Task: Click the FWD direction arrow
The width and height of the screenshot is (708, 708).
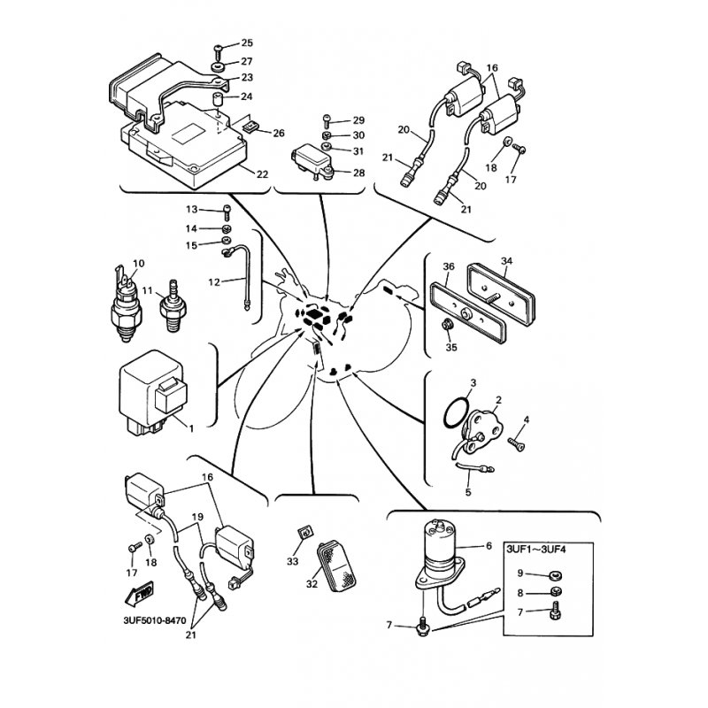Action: (139, 594)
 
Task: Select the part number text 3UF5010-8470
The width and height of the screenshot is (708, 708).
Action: (154, 620)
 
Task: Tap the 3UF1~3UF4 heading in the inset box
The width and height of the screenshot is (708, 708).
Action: (536, 549)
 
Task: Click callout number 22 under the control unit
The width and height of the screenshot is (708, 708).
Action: (262, 174)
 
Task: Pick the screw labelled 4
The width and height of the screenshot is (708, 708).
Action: (517, 444)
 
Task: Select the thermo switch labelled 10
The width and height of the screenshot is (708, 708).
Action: (126, 304)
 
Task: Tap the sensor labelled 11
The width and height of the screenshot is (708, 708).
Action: (172, 306)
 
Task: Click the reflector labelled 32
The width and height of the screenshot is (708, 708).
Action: (340, 566)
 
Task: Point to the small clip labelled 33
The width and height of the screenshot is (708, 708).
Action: (305, 533)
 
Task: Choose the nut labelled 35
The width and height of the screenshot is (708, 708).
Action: (448, 324)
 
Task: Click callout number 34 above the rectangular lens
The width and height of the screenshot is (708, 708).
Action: (506, 261)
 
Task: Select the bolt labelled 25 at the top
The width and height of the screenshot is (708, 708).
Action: (218, 51)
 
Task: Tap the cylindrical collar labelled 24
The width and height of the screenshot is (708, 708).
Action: (218, 99)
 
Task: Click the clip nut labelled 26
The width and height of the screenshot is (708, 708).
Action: (250, 127)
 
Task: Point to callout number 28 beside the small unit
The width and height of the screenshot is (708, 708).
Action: (359, 173)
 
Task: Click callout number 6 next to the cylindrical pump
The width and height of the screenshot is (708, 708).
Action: (489, 546)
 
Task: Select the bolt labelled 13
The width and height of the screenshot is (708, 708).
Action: (227, 212)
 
